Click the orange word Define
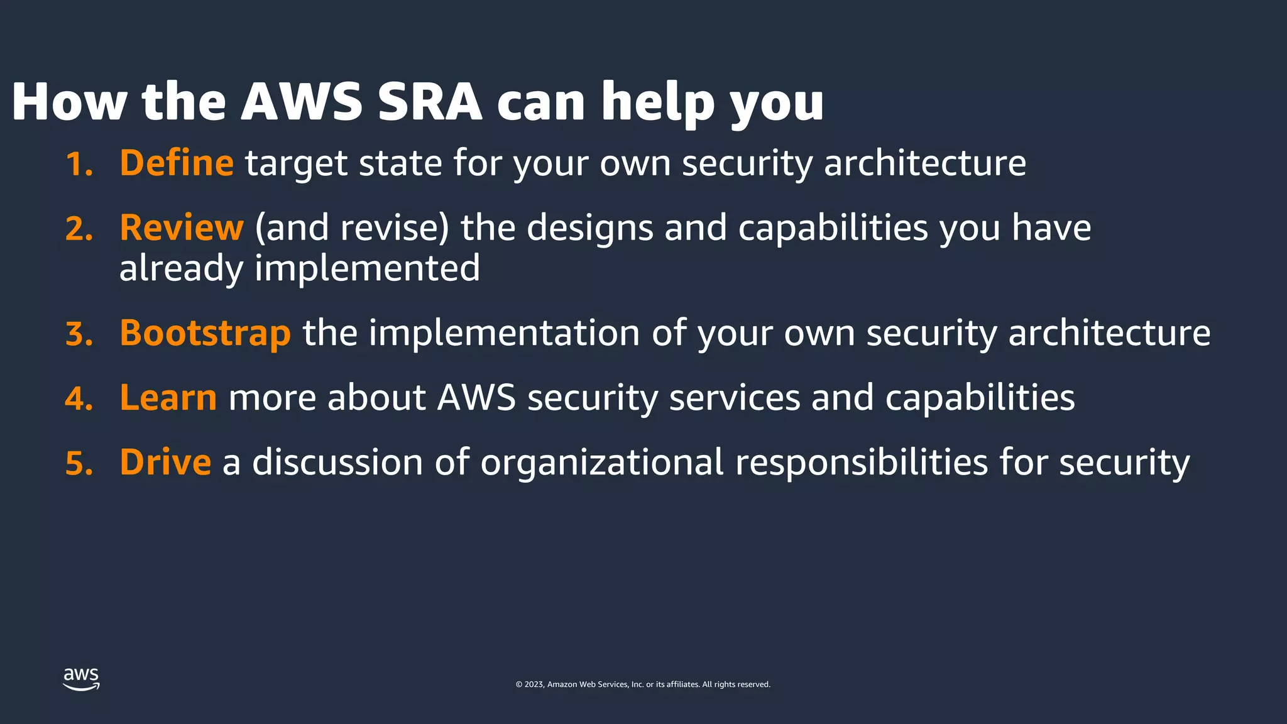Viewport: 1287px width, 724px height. click(177, 163)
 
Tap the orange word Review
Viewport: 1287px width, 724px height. click(181, 228)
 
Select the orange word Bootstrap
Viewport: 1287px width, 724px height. click(205, 333)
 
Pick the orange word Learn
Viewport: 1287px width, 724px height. click(168, 398)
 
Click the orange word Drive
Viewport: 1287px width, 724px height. click(165, 463)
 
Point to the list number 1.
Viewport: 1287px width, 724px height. click(79, 165)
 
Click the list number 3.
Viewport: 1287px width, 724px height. click(79, 334)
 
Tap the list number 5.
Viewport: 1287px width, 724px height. click(79, 464)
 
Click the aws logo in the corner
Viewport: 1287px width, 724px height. click(81, 679)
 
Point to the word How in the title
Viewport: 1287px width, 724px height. click(69, 102)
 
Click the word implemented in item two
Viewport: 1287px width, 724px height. click(367, 269)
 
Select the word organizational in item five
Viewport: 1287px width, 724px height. click(602, 463)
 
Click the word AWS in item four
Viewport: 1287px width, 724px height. click(476, 398)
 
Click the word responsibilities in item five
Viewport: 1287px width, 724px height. click(862, 463)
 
